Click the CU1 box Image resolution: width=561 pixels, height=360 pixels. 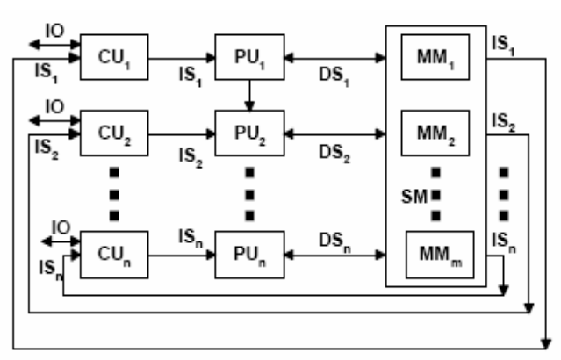point(114,58)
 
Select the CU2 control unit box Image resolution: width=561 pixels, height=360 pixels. point(114,133)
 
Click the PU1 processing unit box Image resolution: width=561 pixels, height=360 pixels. point(250,58)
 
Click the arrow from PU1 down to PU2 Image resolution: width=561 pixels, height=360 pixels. point(250,96)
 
